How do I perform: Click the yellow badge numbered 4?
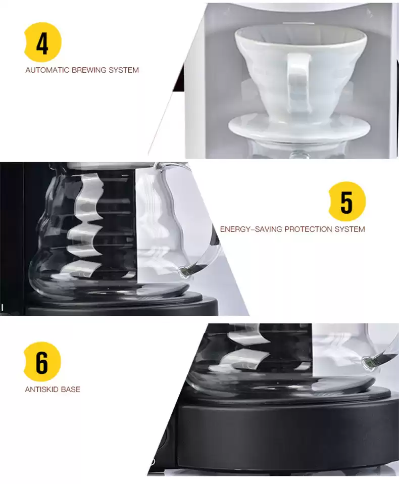[42, 42]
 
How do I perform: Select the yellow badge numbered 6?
[42, 362]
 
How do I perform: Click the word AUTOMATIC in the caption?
[47, 70]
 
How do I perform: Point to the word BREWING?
[88, 70]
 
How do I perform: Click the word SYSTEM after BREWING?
[123, 70]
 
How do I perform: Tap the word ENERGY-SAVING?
[251, 229]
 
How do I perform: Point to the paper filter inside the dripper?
[301, 34]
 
